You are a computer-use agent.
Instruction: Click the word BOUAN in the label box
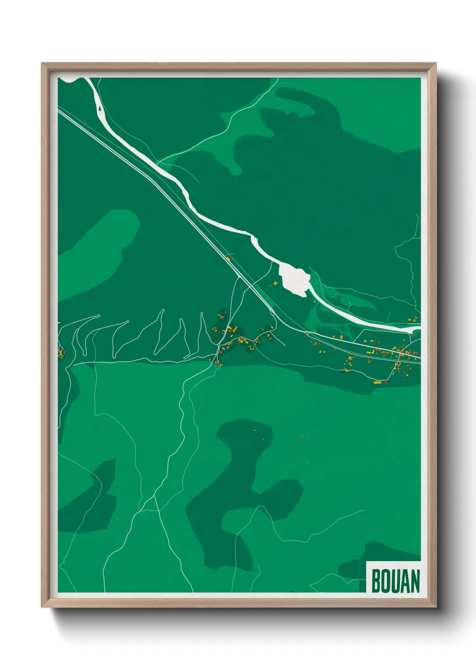pyautogui.click(x=395, y=581)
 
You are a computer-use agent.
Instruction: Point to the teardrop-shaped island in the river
pyautogui.click(x=99, y=108)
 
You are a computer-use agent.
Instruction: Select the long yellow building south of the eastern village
pyautogui.click(x=377, y=382)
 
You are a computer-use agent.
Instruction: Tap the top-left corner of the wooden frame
pyautogui.click(x=43, y=64)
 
